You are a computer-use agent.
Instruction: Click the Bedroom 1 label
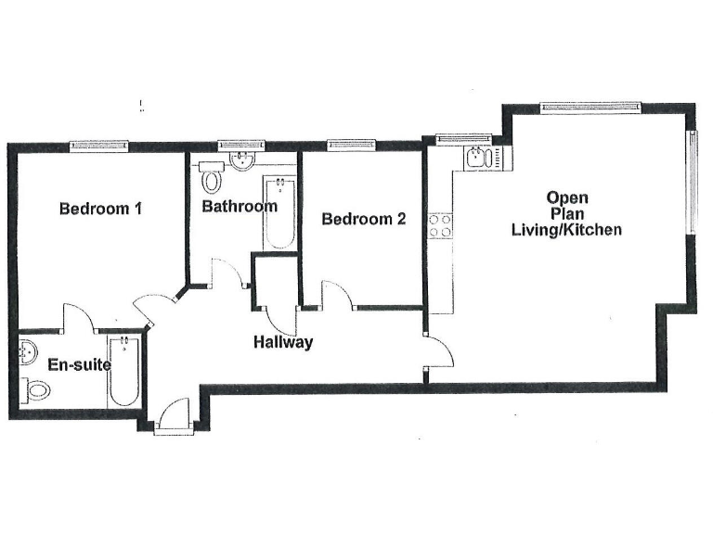100,209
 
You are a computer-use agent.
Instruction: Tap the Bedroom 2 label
363,220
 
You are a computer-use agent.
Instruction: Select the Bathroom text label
240,206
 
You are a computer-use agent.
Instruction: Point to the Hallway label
283,342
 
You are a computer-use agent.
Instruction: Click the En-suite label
81,365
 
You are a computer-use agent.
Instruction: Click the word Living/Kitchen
567,230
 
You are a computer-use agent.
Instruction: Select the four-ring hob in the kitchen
439,225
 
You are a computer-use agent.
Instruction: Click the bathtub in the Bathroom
278,212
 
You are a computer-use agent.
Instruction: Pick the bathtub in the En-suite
122,374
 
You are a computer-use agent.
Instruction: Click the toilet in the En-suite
35,392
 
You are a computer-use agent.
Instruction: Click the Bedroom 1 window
100,146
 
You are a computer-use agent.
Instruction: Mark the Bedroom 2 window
352,146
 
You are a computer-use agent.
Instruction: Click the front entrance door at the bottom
173,415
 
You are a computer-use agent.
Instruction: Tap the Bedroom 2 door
336,294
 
